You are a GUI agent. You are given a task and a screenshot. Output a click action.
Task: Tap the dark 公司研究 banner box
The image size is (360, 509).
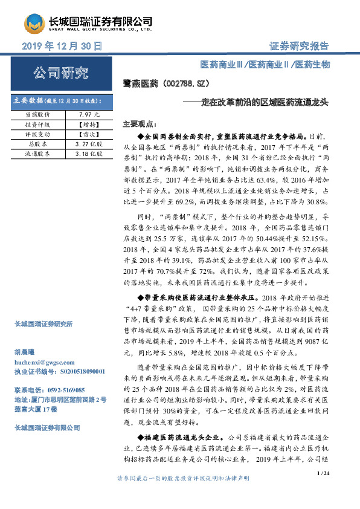tap(60, 74)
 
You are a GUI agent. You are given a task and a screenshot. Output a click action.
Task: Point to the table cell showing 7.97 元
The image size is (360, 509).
tap(89, 114)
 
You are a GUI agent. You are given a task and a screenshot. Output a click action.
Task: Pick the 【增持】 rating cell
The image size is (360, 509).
tap(89, 125)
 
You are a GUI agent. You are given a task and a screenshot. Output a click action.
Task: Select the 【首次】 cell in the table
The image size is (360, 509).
tap(89, 135)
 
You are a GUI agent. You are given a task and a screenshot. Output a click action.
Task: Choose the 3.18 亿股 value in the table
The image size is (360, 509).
tap(89, 154)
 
